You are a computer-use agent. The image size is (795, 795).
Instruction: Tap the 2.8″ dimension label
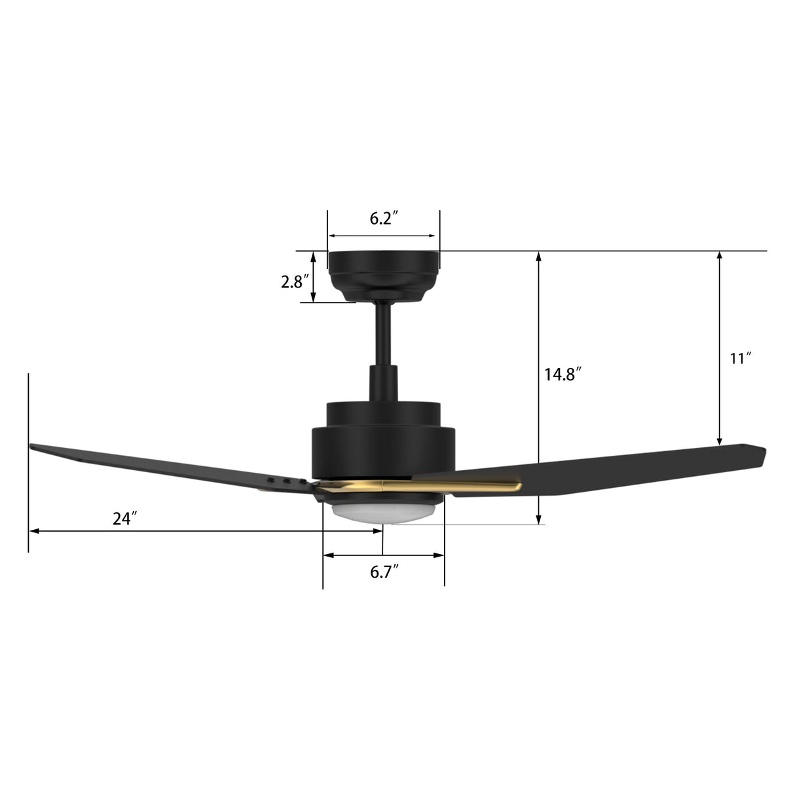click(294, 282)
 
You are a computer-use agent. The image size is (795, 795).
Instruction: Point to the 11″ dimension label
click(741, 358)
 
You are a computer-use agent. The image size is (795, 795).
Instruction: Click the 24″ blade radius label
click(124, 519)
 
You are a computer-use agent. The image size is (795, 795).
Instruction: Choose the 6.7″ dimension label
click(384, 572)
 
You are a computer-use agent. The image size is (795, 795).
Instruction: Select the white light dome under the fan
click(383, 511)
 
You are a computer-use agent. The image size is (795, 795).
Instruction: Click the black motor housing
click(382, 445)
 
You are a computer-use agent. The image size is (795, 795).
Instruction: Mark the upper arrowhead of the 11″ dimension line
click(720, 255)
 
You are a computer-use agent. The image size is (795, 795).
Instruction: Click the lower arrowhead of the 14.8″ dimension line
click(538, 520)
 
